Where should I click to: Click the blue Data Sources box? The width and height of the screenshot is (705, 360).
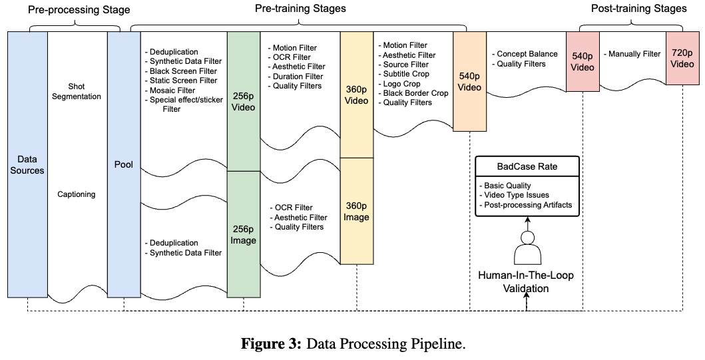coord(27,165)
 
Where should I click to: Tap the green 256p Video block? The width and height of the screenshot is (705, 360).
coord(244,100)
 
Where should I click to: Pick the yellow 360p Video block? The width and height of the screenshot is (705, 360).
coord(356,94)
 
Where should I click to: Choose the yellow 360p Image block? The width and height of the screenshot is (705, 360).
coord(356,210)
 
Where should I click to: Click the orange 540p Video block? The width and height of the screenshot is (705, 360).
coord(470,82)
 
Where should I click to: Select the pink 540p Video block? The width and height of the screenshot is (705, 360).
coord(583,61)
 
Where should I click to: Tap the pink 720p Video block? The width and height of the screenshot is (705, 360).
coord(682,61)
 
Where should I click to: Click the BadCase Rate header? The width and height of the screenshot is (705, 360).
coord(526,166)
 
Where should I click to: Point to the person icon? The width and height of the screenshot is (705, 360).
coord(527,250)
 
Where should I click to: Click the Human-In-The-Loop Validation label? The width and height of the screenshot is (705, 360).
coord(526,281)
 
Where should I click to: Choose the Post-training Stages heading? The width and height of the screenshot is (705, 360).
coord(638,9)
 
